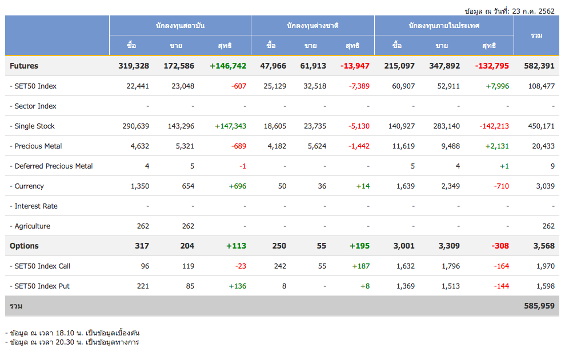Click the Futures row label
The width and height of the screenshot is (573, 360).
pos(24,66)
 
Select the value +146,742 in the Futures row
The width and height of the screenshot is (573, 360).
pos(228,66)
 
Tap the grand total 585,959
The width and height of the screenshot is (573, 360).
pos(539,306)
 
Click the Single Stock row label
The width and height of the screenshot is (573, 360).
pos(35,126)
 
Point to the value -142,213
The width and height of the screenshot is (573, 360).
pos(494,126)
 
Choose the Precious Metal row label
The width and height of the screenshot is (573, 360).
pos(38,146)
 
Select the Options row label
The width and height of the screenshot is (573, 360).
pos(24,246)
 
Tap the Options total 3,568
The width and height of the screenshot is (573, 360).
pos(543,246)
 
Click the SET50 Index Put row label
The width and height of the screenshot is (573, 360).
pos(42,286)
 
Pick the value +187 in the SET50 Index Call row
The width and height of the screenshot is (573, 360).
pos(360,266)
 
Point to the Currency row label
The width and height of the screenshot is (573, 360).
pos(29,186)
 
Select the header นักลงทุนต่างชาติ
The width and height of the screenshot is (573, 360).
pos(312,26)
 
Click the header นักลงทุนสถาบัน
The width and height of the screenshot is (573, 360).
pos(180,26)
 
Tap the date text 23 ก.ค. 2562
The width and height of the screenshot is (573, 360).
pos(534,11)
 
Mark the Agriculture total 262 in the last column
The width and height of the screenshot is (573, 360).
pos(548,226)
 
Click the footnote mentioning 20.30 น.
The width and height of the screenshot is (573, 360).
pos(72,342)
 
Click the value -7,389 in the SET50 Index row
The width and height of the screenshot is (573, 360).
pos(359,86)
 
